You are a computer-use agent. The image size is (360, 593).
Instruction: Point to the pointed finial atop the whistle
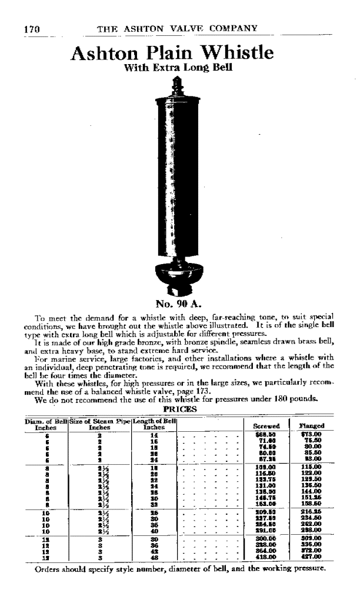pyautogui.click(x=175, y=85)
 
